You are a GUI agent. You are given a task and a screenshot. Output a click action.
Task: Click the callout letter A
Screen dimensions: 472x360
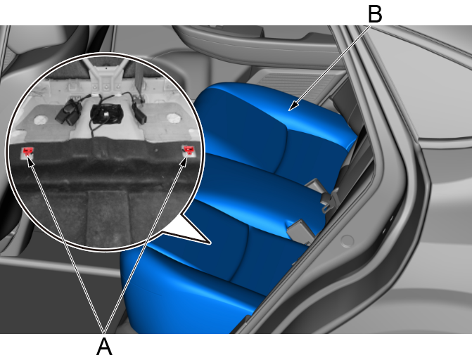104,347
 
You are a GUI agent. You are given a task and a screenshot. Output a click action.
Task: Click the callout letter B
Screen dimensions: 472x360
375,14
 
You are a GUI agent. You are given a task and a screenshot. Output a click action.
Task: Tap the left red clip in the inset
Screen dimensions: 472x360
27,150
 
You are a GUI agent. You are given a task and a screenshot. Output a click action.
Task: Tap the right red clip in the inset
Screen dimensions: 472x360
189,149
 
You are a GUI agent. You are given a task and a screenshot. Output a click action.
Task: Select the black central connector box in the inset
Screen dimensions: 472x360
106,114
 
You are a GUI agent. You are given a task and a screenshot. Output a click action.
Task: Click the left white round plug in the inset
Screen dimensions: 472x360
41,120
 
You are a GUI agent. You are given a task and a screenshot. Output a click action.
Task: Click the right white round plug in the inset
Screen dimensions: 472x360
173,118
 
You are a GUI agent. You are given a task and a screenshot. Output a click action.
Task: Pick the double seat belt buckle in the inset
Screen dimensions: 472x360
69,112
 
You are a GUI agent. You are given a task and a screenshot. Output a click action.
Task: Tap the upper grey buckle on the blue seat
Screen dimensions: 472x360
314,186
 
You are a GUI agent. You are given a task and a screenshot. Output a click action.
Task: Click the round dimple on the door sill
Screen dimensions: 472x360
347,240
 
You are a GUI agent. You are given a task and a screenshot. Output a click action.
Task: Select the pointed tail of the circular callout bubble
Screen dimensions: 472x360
193,229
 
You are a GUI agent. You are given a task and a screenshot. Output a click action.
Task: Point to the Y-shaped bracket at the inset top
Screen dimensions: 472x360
106,76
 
